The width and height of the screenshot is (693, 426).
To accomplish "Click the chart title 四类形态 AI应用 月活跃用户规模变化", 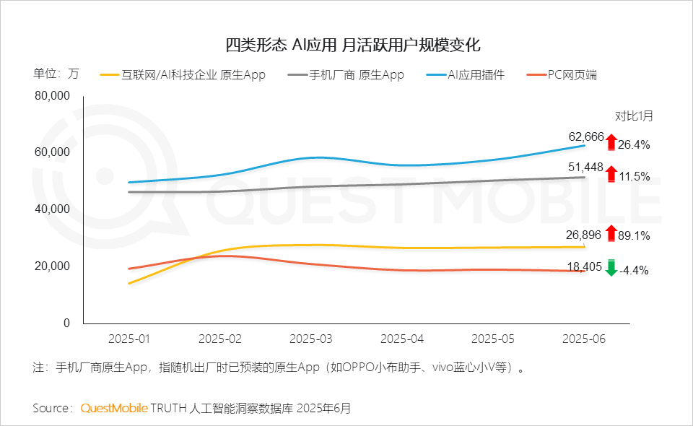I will (x=353, y=45).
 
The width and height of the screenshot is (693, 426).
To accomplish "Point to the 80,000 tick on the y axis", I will (x=53, y=96).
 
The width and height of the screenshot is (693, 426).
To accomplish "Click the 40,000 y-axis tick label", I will (x=53, y=209).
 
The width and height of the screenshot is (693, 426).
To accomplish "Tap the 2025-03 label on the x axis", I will (x=311, y=338).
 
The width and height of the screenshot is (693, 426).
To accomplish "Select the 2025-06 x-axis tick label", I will (x=584, y=338).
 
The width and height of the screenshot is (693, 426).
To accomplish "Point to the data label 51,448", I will (x=586, y=168).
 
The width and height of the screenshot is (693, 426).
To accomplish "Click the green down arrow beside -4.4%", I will (x=611, y=268).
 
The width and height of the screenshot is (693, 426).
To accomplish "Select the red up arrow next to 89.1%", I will (x=611, y=233).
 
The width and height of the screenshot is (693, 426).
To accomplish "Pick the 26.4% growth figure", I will (x=635, y=144).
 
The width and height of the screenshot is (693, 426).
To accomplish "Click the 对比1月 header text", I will (x=633, y=116).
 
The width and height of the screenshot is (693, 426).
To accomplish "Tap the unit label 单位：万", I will (x=56, y=74).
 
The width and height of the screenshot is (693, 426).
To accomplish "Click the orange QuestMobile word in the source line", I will (x=114, y=408).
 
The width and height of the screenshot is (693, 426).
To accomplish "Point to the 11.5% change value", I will (x=635, y=176).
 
